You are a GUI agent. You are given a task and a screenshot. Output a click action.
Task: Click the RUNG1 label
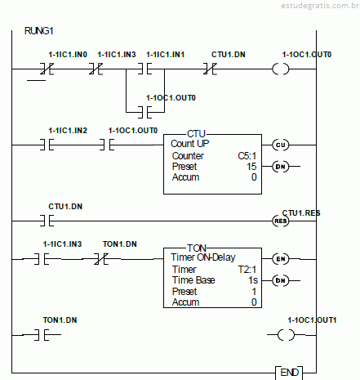(x=38, y=31)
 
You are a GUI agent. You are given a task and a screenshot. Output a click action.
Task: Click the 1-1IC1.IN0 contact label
(x=68, y=55)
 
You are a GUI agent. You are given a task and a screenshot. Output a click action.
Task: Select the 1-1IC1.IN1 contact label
(x=166, y=55)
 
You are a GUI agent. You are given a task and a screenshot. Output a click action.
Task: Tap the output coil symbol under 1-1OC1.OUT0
(x=281, y=69)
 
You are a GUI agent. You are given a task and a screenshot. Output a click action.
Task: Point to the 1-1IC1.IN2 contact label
(x=68, y=131)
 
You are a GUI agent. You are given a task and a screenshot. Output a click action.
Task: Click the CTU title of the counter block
(x=196, y=134)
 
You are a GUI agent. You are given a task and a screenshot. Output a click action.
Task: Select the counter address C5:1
(x=247, y=156)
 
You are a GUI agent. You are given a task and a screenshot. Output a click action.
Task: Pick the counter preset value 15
(x=251, y=167)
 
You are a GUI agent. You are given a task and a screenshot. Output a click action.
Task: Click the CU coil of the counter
(x=281, y=145)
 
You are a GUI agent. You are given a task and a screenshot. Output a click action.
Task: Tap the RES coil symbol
(x=281, y=221)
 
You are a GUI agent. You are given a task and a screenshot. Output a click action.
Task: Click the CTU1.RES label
(x=301, y=213)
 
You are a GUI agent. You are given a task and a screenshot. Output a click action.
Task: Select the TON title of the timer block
(x=197, y=248)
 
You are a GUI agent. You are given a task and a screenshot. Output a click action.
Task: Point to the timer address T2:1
(x=247, y=270)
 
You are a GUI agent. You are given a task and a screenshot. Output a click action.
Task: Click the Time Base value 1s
(x=253, y=280)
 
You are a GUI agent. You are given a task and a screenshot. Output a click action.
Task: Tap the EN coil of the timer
(x=281, y=259)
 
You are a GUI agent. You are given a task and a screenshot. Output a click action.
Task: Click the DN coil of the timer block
(x=281, y=280)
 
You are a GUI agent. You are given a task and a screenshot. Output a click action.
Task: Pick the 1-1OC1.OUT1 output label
(x=312, y=320)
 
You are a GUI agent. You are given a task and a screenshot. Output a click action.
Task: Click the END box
(x=289, y=373)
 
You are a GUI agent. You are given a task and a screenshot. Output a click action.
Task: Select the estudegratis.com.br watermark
(x=320, y=6)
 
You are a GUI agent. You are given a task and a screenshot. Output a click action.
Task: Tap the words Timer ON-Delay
(x=203, y=257)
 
